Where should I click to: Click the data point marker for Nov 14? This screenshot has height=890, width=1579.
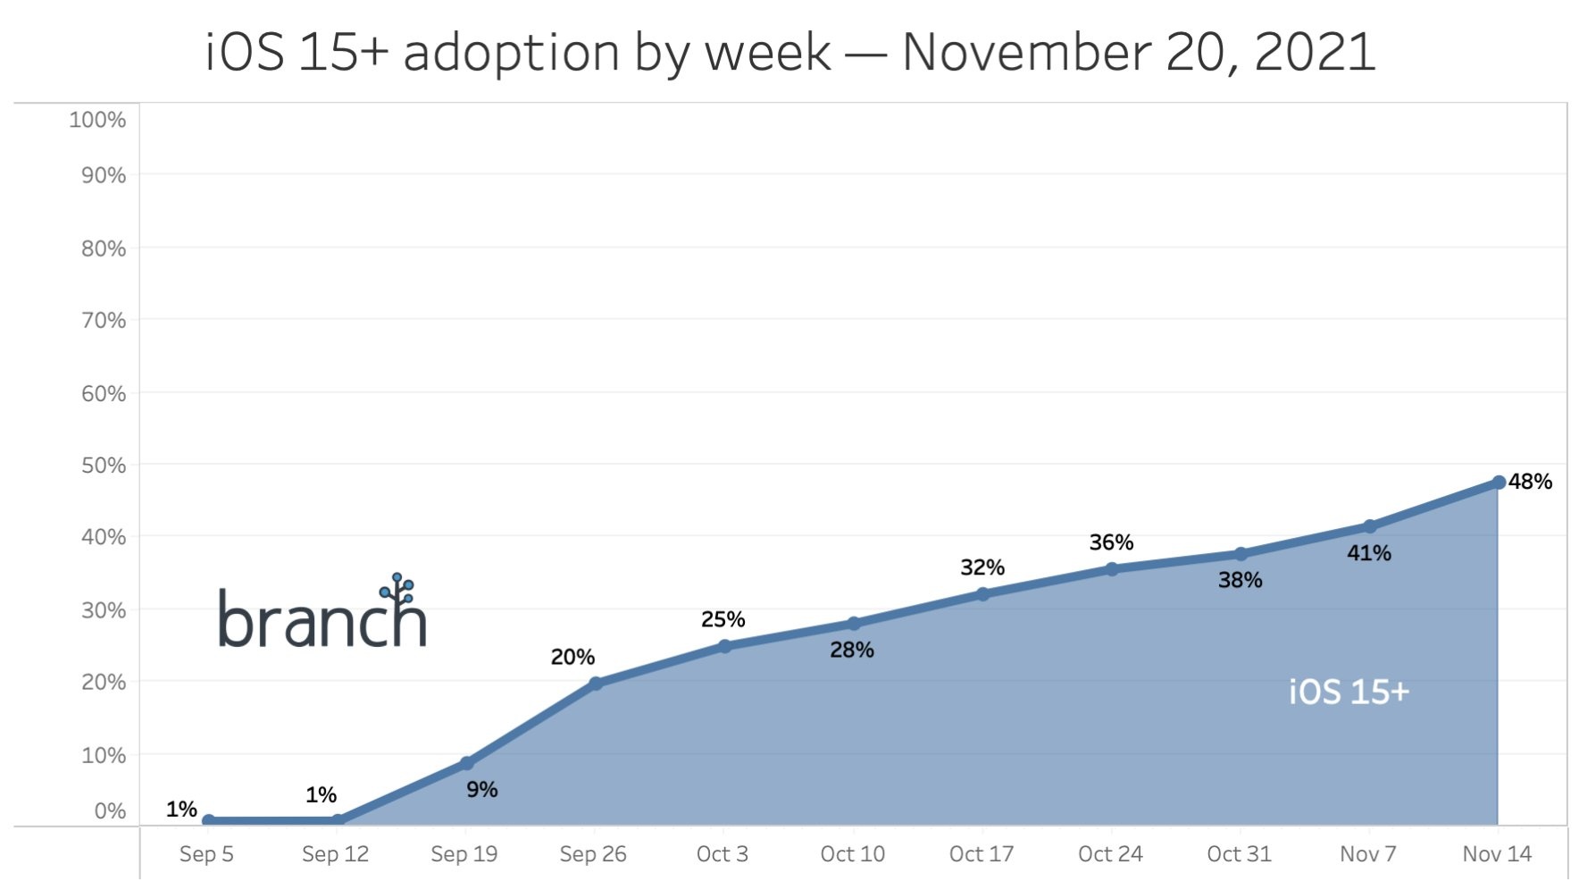coord(1499,483)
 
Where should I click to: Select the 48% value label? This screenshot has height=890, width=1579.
coord(1531,482)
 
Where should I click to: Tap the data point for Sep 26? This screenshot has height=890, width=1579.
coord(596,684)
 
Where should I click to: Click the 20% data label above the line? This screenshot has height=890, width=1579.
coord(572,657)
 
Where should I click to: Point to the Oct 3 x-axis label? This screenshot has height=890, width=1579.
coord(722,854)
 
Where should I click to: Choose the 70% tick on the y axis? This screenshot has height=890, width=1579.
coord(104,320)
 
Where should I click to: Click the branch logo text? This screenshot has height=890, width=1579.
coord(322,618)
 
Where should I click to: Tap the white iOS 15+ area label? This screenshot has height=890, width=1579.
coord(1349,692)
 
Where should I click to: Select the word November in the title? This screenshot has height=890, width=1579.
coord(1024,52)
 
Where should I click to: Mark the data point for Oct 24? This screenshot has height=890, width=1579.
coord(1112,569)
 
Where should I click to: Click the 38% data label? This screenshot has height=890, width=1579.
coord(1240,580)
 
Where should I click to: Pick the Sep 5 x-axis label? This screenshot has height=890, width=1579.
coord(206,854)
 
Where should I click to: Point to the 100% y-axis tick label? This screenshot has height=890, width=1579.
coord(97,120)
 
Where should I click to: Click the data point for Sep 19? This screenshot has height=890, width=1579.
coord(466,763)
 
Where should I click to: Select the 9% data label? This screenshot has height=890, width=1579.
coord(481,789)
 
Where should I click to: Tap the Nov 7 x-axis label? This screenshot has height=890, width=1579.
coord(1367,854)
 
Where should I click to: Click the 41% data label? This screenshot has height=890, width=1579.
coord(1368,553)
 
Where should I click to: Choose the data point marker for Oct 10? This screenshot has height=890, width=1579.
coord(854,624)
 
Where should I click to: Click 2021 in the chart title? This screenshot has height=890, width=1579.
coord(1314,52)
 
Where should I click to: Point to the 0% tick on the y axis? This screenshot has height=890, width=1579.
coord(110,811)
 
